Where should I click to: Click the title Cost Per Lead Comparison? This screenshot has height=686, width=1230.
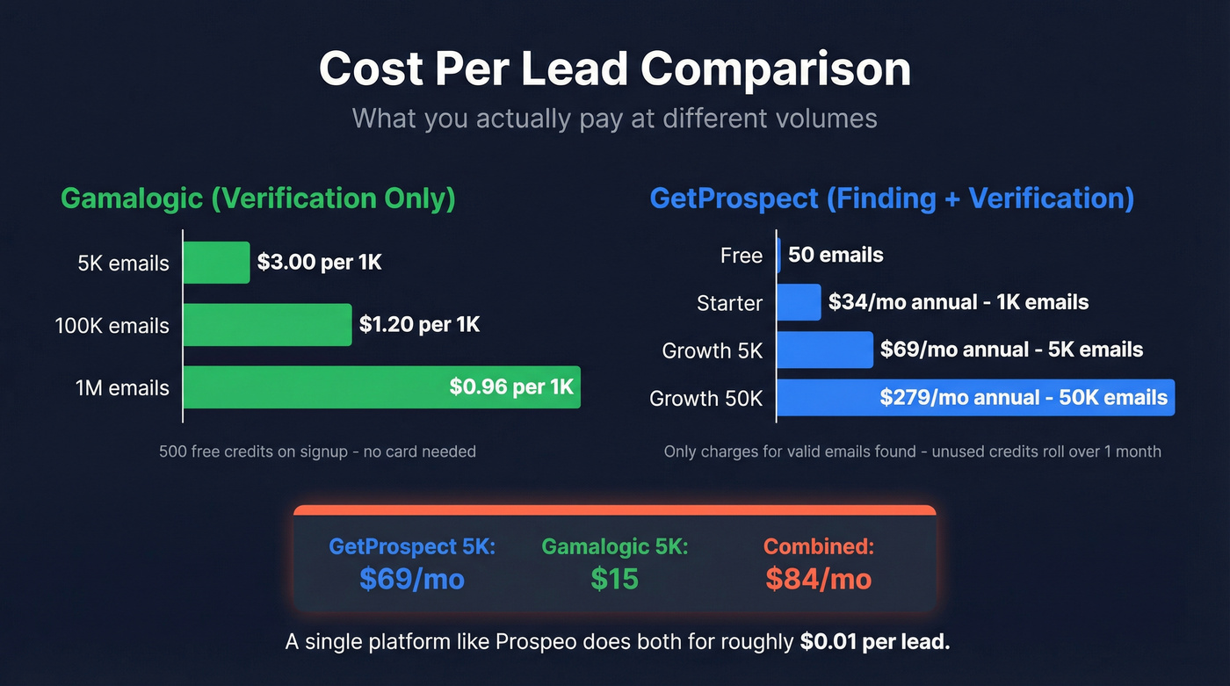pos(614,69)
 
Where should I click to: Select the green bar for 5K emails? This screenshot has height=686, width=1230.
pos(216,263)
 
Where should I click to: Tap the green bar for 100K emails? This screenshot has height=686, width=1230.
pos(267,325)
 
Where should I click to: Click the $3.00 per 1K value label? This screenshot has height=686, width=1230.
pos(319,262)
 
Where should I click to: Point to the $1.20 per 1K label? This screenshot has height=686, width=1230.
pos(419,325)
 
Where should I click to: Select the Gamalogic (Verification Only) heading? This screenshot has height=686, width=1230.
pos(258,198)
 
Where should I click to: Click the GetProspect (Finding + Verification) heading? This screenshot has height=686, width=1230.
pos(892,198)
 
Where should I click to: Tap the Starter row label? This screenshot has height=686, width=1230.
pos(729,303)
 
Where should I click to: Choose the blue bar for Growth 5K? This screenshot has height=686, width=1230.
pos(824,350)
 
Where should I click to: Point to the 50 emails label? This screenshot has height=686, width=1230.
pos(836,256)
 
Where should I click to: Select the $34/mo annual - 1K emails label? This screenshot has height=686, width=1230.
pos(959,303)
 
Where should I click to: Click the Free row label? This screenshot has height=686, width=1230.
pos(741,256)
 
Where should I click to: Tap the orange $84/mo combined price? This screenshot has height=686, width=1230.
pos(818,579)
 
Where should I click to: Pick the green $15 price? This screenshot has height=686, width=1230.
pos(614,579)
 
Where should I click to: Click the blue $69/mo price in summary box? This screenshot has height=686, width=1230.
pos(412,579)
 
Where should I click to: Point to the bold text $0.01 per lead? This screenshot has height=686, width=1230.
pos(875,642)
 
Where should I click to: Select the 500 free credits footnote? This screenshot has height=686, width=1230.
pos(317,451)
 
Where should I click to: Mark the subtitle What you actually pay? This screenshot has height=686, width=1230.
pos(614,118)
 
